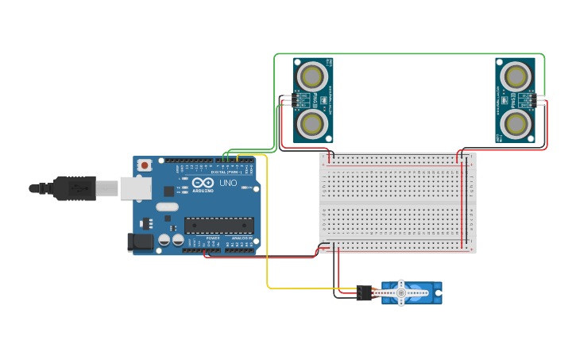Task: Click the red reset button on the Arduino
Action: (x=145, y=165)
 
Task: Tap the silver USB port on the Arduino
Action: (x=135, y=188)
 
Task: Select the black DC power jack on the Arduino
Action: (x=141, y=242)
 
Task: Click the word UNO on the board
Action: (x=228, y=183)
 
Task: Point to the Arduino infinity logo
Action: (x=203, y=182)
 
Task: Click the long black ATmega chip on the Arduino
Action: (x=219, y=226)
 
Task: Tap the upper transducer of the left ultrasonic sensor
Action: (x=311, y=75)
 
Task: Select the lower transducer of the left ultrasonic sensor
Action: (x=311, y=124)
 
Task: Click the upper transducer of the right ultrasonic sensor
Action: (x=516, y=76)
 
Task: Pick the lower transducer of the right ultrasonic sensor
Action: (x=516, y=124)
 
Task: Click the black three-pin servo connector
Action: (x=364, y=292)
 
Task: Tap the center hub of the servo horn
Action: (x=401, y=292)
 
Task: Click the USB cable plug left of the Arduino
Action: (x=75, y=188)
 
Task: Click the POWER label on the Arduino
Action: (x=213, y=238)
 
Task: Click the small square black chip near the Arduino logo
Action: (x=169, y=191)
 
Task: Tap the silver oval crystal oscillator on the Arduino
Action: (x=167, y=207)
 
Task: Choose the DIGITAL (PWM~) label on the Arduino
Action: (x=227, y=171)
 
